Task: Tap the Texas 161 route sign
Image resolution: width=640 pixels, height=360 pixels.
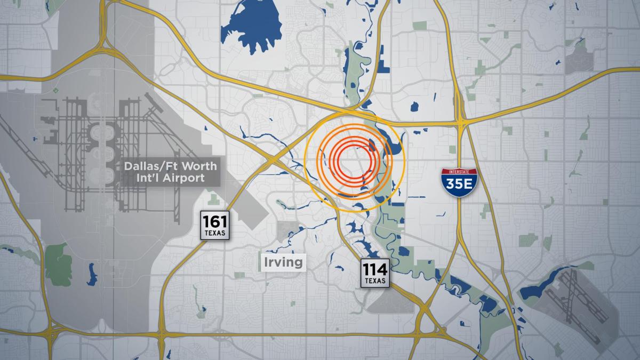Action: click(215, 225)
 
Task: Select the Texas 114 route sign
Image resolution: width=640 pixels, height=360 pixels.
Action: click(375, 273)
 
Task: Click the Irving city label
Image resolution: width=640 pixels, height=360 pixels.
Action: click(283, 262)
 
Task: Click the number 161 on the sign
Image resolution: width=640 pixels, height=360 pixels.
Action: click(215, 221)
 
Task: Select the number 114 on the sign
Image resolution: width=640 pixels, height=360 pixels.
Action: click(375, 269)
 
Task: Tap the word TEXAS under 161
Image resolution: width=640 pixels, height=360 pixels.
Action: click(215, 233)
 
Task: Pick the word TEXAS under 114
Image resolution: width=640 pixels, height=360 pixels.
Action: click(375, 281)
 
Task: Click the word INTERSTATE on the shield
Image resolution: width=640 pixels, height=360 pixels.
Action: click(458, 172)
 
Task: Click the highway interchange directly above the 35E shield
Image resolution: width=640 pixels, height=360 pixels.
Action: click(462, 122)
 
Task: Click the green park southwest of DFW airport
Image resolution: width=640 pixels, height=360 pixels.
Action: click(58, 261)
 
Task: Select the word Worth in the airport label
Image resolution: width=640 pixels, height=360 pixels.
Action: click(190, 166)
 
